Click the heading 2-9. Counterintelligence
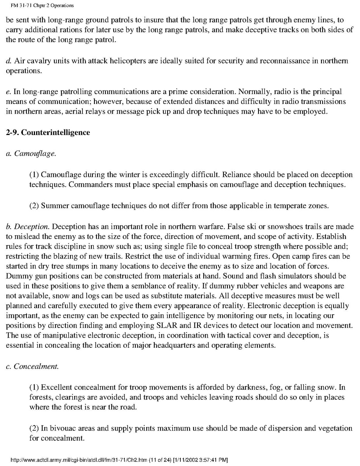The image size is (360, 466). point(48,133)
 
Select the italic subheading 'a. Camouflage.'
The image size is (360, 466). point(31,154)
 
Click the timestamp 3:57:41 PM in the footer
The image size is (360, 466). point(211,460)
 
